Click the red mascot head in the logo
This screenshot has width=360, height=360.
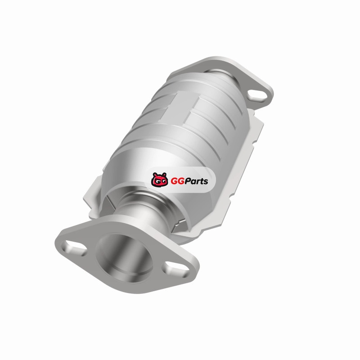click(159, 180)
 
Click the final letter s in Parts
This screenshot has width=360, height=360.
click(206, 182)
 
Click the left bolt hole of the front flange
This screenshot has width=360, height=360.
click(76, 248)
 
